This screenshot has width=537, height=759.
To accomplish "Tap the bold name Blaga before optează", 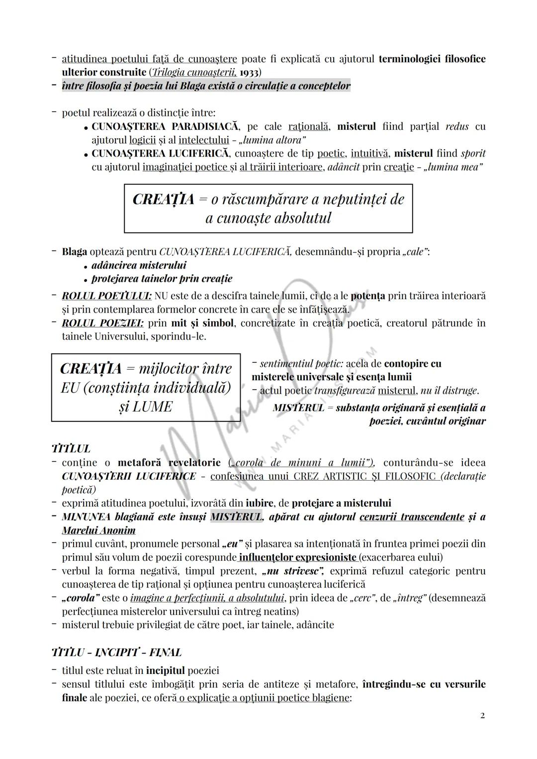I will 74,252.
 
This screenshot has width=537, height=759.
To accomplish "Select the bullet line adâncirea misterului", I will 139,265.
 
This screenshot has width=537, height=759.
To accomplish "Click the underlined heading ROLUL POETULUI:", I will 106,296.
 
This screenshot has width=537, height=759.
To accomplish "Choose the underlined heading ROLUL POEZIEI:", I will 103,323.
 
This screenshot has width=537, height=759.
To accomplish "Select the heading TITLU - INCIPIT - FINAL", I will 116,652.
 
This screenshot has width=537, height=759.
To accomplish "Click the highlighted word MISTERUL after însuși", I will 236,517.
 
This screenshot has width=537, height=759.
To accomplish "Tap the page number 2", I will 482,716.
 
